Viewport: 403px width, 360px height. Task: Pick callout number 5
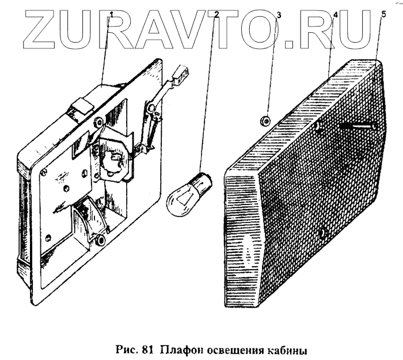pyautogui.click(x=383, y=14)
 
